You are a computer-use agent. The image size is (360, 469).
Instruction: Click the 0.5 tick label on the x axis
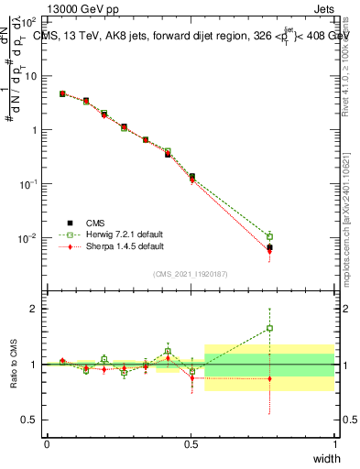191,443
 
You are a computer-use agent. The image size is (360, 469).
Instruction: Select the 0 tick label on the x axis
48,443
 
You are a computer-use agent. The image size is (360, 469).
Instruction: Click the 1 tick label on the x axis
334,443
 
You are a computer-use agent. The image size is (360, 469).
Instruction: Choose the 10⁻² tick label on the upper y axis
29,238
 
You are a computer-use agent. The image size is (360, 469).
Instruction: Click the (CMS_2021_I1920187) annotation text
191,273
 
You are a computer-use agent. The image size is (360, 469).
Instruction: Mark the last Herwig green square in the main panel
269,236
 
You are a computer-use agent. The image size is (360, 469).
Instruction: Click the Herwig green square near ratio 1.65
269,328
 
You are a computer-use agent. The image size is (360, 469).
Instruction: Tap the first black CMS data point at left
62,93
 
